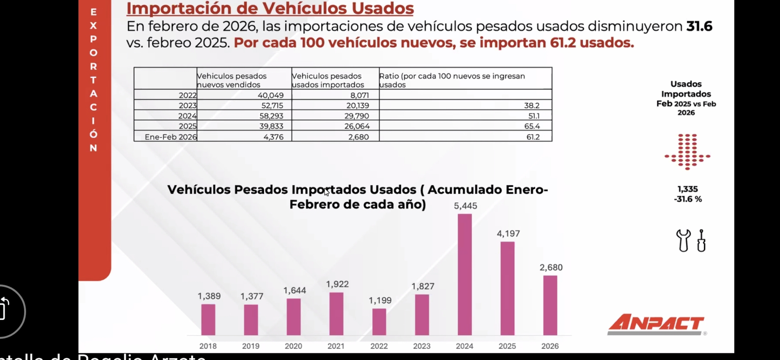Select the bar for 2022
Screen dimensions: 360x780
tap(379, 322)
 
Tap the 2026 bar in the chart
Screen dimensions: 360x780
tap(550, 305)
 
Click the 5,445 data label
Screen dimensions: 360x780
tap(465, 206)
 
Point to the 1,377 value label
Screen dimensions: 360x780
tap(252, 296)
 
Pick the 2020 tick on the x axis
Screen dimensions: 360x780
tap(293, 346)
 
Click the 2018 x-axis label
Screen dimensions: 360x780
tap(208, 346)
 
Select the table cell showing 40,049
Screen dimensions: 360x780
tap(270, 95)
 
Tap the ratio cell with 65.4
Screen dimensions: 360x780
tap(532, 126)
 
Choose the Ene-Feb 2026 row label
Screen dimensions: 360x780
tap(171, 137)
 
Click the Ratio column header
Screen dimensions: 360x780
tap(452, 80)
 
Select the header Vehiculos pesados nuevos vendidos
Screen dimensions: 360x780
tap(232, 80)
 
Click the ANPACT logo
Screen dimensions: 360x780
tap(656, 324)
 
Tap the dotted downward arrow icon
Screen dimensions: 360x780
tap(687, 152)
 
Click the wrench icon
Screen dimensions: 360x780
tap(683, 240)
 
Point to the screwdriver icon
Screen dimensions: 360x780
tap(701, 240)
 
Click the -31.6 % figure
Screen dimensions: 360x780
tap(688, 199)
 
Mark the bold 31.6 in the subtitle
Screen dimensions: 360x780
tap(699, 26)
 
